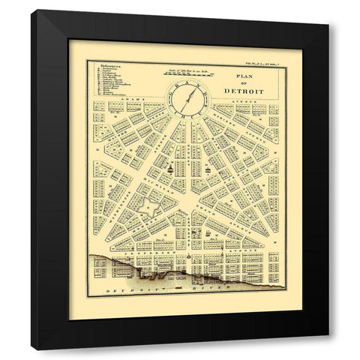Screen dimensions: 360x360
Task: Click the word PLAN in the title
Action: tap(245, 77)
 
